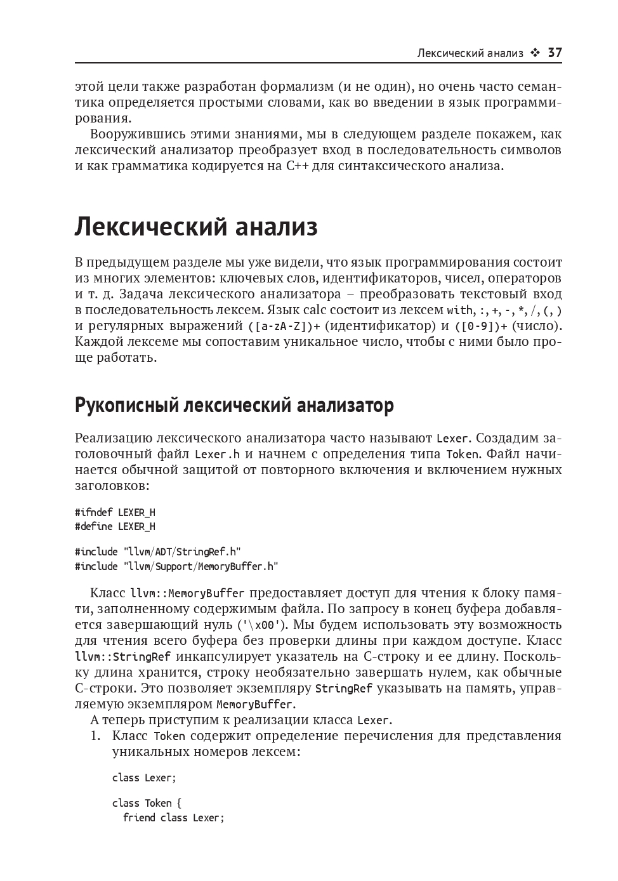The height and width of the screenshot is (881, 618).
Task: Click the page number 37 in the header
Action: pyautogui.click(x=555, y=53)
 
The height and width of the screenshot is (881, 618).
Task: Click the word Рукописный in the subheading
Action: pyautogui.click(x=126, y=405)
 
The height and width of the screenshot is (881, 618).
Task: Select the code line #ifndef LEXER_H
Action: pyautogui.click(x=115, y=512)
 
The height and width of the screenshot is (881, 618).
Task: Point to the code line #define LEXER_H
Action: pyautogui.click(x=115, y=526)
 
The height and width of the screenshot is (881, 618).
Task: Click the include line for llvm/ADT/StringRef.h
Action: pyautogui.click(x=158, y=552)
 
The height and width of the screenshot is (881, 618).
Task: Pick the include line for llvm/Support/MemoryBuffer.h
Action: pyautogui.click(x=176, y=566)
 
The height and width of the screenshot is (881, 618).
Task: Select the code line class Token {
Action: pyautogui.click(x=147, y=803)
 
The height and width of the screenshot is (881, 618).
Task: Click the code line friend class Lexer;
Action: pyautogui.click(x=174, y=818)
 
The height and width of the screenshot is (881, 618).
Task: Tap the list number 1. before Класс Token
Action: pyautogui.click(x=95, y=736)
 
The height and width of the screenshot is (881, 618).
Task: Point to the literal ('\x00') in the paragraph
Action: pyautogui.click(x=261, y=625)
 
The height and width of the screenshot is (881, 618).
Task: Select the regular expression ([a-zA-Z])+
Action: pyautogui.click(x=284, y=326)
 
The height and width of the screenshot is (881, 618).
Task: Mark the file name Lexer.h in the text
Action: pyautogui.click(x=217, y=454)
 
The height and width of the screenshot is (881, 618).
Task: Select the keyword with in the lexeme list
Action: pyautogui.click(x=459, y=310)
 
